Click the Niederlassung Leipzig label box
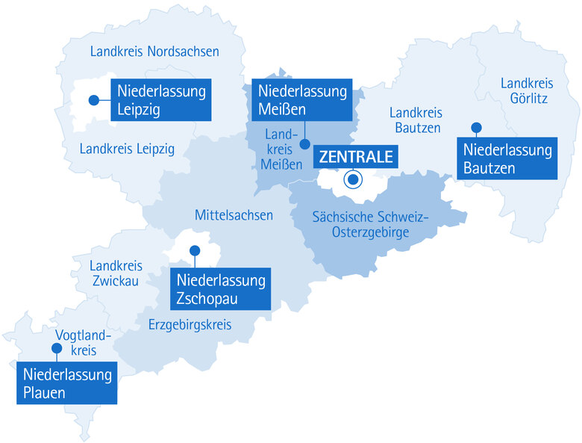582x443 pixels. click(160, 101)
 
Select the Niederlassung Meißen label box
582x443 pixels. click(301, 101)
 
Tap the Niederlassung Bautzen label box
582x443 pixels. click(507, 158)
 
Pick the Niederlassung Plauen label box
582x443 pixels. click(67, 383)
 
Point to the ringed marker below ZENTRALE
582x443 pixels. click(353, 179)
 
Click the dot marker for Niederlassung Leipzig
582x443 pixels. click(94, 99)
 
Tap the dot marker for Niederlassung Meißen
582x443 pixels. click(304, 143)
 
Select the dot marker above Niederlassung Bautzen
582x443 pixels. click(475, 127)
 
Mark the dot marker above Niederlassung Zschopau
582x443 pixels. click(195, 250)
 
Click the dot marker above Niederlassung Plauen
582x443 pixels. click(55, 349)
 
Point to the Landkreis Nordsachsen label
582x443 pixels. click(154, 52)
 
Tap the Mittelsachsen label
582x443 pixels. click(234, 215)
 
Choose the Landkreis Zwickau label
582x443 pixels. click(115, 273)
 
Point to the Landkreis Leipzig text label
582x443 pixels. click(127, 149)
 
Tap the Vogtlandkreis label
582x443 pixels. click(83, 342)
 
